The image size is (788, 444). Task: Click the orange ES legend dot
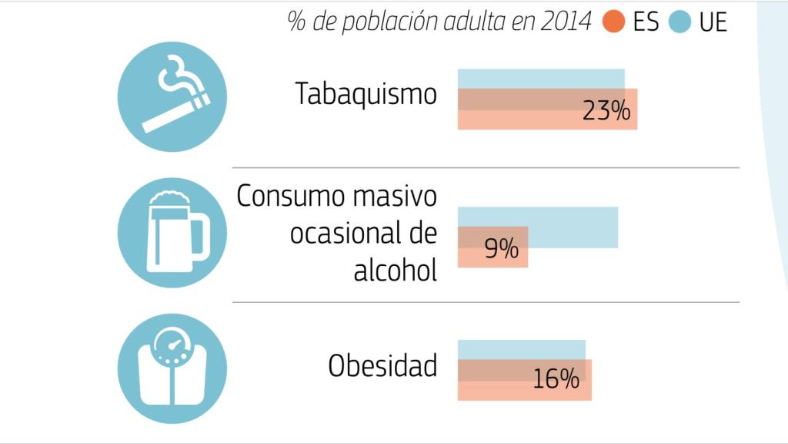[613, 22]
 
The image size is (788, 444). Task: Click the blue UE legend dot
[679, 22]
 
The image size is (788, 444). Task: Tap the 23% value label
[606, 112]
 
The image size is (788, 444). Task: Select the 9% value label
[501, 249]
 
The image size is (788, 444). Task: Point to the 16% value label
[556, 379]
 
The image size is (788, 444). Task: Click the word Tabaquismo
[366, 94]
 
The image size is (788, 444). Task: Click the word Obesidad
[382, 365]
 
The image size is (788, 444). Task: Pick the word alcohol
[395, 270]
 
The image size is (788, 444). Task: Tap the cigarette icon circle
[172, 96]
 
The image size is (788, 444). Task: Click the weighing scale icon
[172, 368]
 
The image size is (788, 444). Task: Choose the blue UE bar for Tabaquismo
[541, 79]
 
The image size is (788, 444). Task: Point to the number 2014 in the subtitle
[566, 22]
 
